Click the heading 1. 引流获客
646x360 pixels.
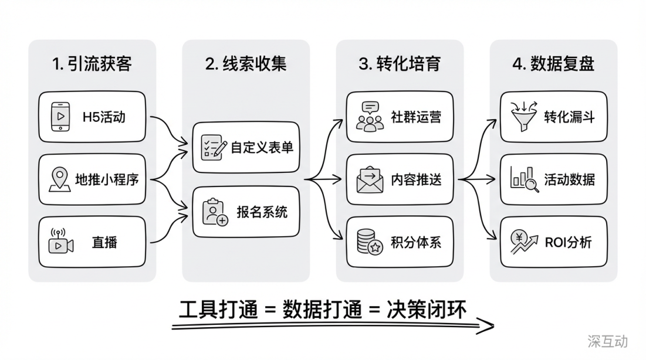[x=92, y=64]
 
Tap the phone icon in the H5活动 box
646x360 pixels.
[x=60, y=116]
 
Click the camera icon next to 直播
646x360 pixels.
[x=60, y=242]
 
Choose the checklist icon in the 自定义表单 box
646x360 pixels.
[x=214, y=147]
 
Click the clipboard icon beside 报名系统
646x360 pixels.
[x=215, y=212]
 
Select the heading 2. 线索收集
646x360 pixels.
[x=246, y=64]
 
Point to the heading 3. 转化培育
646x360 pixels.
[x=400, y=64]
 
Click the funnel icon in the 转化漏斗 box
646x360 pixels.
[x=522, y=116]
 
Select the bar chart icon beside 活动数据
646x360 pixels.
[x=522, y=179]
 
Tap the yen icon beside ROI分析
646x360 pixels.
[x=522, y=242]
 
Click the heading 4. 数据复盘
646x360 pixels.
[x=553, y=64]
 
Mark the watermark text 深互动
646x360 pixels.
[x=607, y=341]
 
